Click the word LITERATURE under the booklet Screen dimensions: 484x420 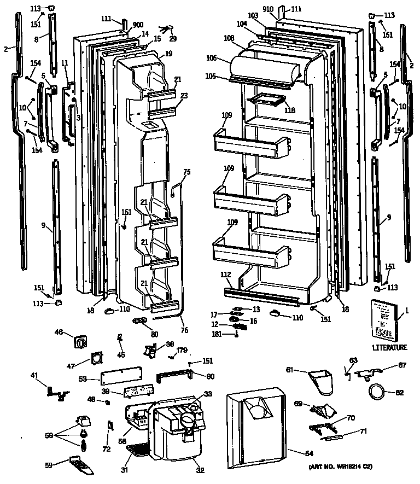tap(390, 347)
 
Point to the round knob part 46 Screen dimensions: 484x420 tap(81, 343)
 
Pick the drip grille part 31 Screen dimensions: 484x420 tap(137, 450)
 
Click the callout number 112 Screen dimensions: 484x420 tap(226, 274)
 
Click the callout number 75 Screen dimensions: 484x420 tap(187, 172)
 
